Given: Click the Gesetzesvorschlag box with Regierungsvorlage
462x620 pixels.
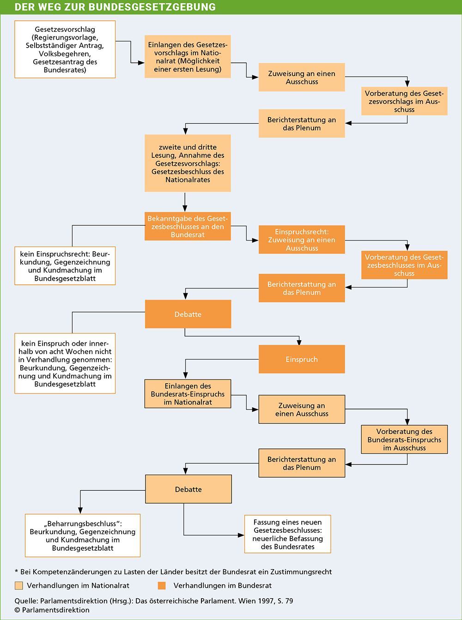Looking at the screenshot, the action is point(65,49).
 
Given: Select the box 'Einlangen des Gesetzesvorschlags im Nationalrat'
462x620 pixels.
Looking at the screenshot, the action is point(188,56).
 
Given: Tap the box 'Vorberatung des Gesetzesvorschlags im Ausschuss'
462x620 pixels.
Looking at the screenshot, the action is point(404,101).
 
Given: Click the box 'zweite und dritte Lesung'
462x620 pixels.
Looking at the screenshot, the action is point(188,163).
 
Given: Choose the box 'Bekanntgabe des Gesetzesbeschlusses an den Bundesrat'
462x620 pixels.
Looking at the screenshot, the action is point(188,226).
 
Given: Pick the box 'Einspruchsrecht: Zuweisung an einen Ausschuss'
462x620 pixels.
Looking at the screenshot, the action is point(302,240).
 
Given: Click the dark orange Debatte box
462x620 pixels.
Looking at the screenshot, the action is point(188,314).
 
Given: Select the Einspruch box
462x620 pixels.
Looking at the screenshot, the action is point(302,359).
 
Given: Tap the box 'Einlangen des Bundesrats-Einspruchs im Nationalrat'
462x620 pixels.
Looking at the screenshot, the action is point(188,394).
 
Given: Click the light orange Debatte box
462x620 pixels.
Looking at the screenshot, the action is point(188,489).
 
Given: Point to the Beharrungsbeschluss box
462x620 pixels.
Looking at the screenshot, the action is point(83,536).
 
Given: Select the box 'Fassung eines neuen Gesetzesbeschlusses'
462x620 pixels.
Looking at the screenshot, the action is point(288,534).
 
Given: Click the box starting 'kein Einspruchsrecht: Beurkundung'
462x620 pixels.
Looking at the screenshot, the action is point(65,266).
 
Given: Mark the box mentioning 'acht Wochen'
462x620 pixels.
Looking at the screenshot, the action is point(65,363).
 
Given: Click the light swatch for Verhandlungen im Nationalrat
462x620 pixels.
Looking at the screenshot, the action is point(19,586).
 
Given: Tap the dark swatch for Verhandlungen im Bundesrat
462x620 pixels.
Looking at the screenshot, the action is point(162,586).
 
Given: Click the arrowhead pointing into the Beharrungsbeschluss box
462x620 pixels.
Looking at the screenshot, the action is point(80,511).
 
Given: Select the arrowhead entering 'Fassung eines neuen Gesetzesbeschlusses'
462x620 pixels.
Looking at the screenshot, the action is point(241,535).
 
